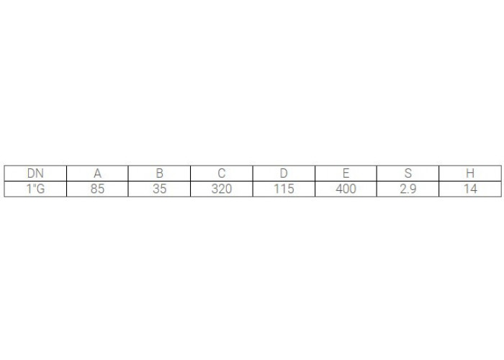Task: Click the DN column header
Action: (x=35, y=174)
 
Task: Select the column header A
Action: (x=97, y=174)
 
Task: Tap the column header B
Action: (x=159, y=174)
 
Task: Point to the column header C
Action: (x=222, y=174)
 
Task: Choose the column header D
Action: (x=284, y=174)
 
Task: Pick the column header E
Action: (x=346, y=174)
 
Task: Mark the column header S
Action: (x=408, y=174)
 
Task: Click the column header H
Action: (x=470, y=174)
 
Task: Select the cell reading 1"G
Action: (x=35, y=189)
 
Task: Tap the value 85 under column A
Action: (x=97, y=189)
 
